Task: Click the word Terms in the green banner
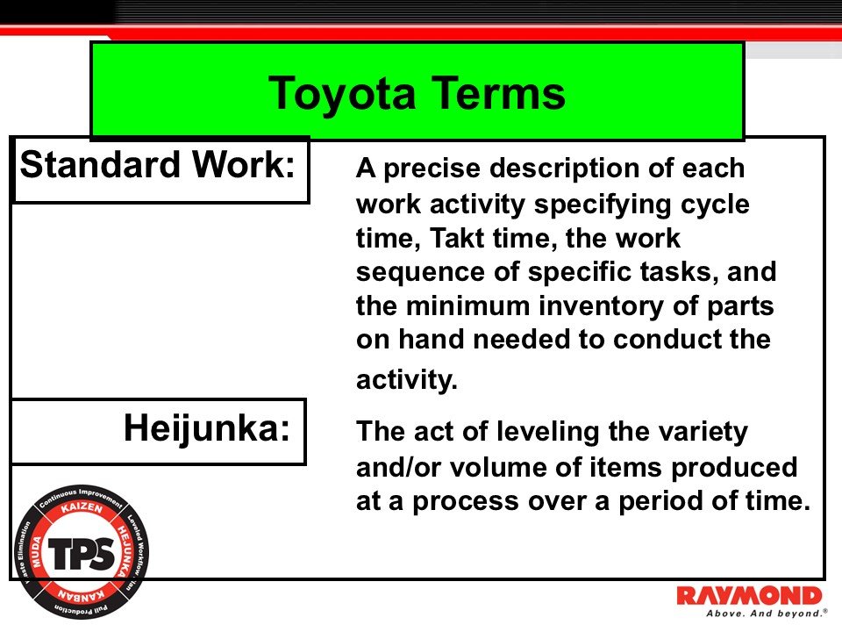[491, 93]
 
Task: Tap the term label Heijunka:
[207, 428]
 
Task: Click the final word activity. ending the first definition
[407, 380]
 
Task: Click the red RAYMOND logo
[749, 596]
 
